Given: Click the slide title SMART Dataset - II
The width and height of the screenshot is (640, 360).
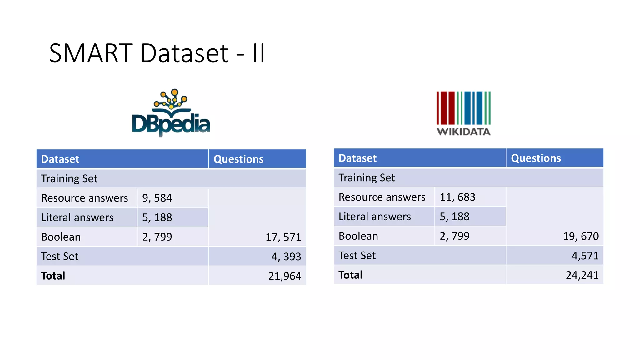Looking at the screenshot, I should (x=157, y=53).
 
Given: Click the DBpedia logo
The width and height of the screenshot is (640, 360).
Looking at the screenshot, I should (x=171, y=113).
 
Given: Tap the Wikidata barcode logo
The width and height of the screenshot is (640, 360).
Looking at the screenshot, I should (x=463, y=108).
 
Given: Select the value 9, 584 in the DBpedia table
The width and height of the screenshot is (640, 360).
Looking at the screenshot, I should (x=157, y=198).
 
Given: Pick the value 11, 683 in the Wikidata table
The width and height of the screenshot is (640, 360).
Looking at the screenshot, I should (x=457, y=197).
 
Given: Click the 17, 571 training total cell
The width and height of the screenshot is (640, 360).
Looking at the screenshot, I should (x=283, y=237).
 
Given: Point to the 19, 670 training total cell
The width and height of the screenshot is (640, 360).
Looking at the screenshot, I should (x=581, y=236).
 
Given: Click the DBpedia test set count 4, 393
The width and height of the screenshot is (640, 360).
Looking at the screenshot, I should (x=286, y=257).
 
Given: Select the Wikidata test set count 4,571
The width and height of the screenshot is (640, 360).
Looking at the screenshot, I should (x=585, y=256).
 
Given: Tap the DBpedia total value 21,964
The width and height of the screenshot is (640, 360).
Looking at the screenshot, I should (x=285, y=276).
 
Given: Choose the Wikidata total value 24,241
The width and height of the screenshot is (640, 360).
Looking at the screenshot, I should (x=582, y=275).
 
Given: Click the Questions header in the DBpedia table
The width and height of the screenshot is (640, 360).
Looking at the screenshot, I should (x=238, y=159).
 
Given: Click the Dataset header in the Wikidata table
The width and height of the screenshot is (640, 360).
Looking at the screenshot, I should (x=357, y=158).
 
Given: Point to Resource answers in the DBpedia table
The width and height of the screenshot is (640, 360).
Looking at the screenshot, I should (x=85, y=198).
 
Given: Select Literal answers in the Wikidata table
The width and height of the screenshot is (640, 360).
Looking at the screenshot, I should (x=375, y=217).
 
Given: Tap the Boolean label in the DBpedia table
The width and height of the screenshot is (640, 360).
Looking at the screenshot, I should (x=61, y=237).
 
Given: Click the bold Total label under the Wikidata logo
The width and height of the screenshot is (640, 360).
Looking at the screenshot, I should (x=350, y=275).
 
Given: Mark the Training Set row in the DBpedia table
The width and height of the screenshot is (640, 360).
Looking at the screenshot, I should (x=69, y=178).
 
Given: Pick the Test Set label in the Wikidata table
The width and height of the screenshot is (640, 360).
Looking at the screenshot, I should (x=357, y=256).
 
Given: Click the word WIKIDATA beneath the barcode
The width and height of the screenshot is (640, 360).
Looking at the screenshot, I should (x=463, y=132).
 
